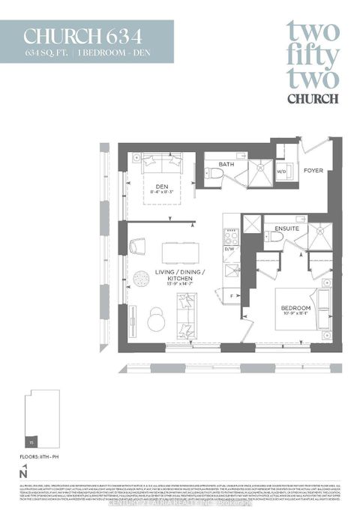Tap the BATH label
tap(226, 164)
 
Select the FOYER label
tap(313, 170)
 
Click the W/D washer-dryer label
tap(280, 171)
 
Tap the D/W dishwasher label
tap(230, 249)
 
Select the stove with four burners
tap(230, 235)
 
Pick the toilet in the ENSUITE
tap(276, 236)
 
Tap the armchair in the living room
tap(139, 245)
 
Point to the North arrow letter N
tap(25, 473)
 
